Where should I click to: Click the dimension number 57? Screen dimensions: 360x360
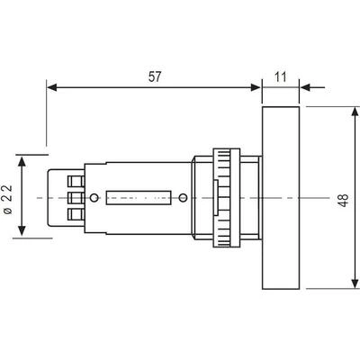point(155,77)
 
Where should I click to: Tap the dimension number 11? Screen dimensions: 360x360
point(281,77)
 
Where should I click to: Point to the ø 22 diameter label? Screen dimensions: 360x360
point(8,200)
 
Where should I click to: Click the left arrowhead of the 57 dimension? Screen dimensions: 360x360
point(52,87)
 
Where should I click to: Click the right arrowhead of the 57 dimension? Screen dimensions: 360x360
point(256,87)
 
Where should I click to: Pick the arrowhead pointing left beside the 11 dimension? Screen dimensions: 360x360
point(305,87)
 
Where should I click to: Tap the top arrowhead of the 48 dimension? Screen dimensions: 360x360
point(355,112)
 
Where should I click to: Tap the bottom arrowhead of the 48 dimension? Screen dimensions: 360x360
point(355,283)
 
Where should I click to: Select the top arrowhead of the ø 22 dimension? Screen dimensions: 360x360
point(22,161)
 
